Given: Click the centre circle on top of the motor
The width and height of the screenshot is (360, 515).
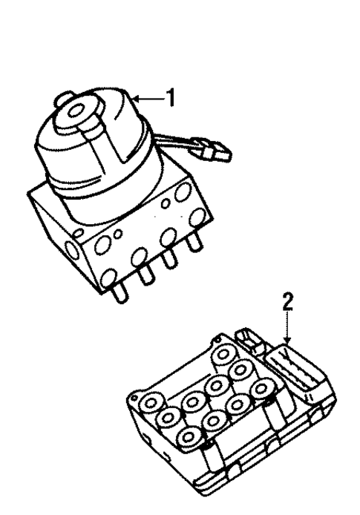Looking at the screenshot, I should click(76, 112).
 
